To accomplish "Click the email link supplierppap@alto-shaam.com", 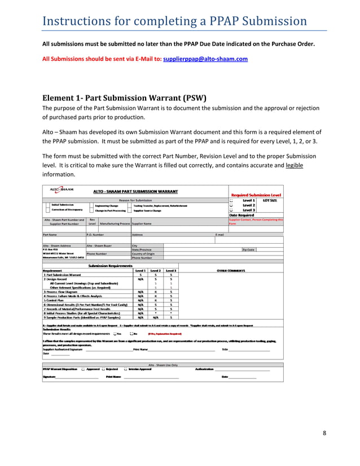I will coord(205,59).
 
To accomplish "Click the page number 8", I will coord(324,433).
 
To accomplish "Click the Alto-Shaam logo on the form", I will coord(62,191).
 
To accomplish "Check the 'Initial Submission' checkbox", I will coord(47,206).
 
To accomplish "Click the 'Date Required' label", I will coord(241,215).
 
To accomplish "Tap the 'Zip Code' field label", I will coord(248,249).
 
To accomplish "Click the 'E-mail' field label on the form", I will coord(220,234).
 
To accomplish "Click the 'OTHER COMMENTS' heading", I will coord(231,270).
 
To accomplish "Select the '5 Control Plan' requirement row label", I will coord(57,301).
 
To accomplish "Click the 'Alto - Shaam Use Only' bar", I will coord(163,365).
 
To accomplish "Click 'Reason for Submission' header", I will coord(135,200).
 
